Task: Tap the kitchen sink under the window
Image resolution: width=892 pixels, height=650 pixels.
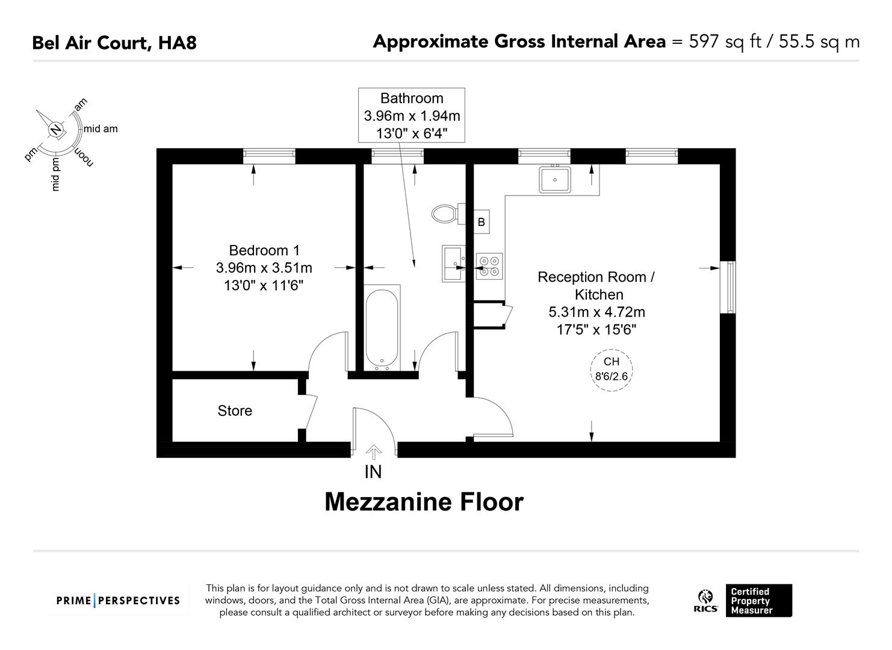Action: click(555, 179)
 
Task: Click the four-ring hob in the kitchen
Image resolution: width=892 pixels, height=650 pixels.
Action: click(489, 266)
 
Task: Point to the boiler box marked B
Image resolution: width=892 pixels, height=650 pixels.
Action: click(482, 222)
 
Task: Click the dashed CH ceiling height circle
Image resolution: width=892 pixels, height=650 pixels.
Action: click(611, 370)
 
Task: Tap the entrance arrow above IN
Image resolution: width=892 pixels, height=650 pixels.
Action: click(374, 451)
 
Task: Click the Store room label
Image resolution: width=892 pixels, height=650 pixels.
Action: click(235, 410)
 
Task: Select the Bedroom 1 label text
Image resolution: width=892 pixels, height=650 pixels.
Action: click(264, 250)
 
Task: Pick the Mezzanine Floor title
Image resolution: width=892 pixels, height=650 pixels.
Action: click(424, 502)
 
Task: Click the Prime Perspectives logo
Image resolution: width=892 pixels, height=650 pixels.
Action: click(118, 600)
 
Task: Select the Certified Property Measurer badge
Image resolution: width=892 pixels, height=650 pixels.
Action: click(758, 601)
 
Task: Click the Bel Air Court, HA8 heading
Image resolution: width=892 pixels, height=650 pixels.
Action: click(114, 43)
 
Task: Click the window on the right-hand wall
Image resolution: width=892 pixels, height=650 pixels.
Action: click(728, 287)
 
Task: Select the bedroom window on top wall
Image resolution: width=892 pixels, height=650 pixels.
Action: click(269, 156)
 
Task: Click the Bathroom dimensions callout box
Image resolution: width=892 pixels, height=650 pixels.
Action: click(412, 115)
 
